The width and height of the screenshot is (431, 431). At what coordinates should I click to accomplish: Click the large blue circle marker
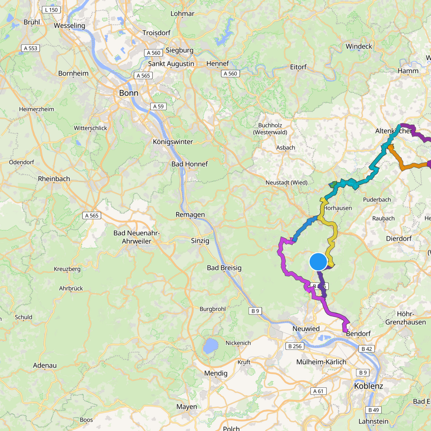318,261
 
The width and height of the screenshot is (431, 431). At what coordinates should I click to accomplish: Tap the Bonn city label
129,93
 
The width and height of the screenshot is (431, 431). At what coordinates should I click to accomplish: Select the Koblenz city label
368,386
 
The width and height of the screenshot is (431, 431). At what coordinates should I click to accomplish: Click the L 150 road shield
51,10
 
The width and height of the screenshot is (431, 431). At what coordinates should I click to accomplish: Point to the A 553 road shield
31,48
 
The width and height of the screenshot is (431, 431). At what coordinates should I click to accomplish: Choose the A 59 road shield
158,106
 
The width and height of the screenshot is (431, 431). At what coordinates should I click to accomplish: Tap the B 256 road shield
295,346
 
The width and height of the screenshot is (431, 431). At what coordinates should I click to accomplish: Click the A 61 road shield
318,391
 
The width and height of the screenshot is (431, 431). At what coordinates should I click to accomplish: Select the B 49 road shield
373,410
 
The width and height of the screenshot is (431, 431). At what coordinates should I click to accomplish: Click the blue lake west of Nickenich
210,346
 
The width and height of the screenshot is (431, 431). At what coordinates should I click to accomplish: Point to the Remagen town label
190,214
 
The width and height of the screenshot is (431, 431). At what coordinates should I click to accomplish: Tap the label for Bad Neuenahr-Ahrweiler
137,237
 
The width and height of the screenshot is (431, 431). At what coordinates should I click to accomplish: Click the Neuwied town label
306,329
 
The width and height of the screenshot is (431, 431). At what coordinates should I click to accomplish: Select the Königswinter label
173,142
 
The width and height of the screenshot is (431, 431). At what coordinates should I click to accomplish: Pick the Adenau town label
45,365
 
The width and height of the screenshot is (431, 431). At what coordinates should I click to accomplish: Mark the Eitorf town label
298,67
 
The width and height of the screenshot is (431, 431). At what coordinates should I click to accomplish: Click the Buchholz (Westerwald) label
270,129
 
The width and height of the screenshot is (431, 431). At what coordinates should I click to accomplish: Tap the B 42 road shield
367,349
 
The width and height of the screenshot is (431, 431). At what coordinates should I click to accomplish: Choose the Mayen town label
186,406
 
